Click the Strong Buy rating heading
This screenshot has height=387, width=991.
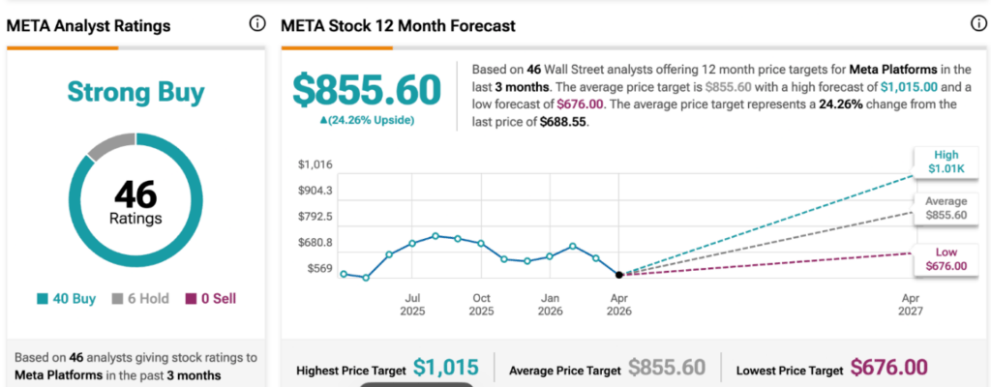coord(135,92)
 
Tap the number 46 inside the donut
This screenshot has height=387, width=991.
coord(135,195)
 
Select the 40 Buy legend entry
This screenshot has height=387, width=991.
coord(67,299)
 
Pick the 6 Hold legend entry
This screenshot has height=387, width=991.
coord(141,299)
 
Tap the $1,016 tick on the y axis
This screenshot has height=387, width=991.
coord(315,165)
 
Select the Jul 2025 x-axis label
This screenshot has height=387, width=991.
coord(412,304)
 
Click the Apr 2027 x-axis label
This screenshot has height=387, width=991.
coord(911,304)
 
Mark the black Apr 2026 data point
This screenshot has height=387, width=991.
coord(619,275)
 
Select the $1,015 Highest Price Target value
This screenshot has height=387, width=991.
coord(445,367)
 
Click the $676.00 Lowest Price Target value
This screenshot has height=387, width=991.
coord(888,367)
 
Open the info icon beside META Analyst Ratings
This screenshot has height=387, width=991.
coord(256,24)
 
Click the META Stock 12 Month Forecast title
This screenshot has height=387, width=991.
coord(398,26)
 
